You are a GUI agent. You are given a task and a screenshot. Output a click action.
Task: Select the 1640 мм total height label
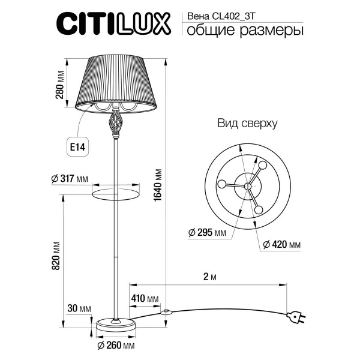coord(158,185)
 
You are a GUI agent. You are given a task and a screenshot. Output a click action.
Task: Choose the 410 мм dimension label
coord(145,298)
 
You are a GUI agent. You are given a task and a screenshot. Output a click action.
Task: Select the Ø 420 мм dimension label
coord(281,245)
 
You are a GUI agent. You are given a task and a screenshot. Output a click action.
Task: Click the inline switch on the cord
coord(166,312)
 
